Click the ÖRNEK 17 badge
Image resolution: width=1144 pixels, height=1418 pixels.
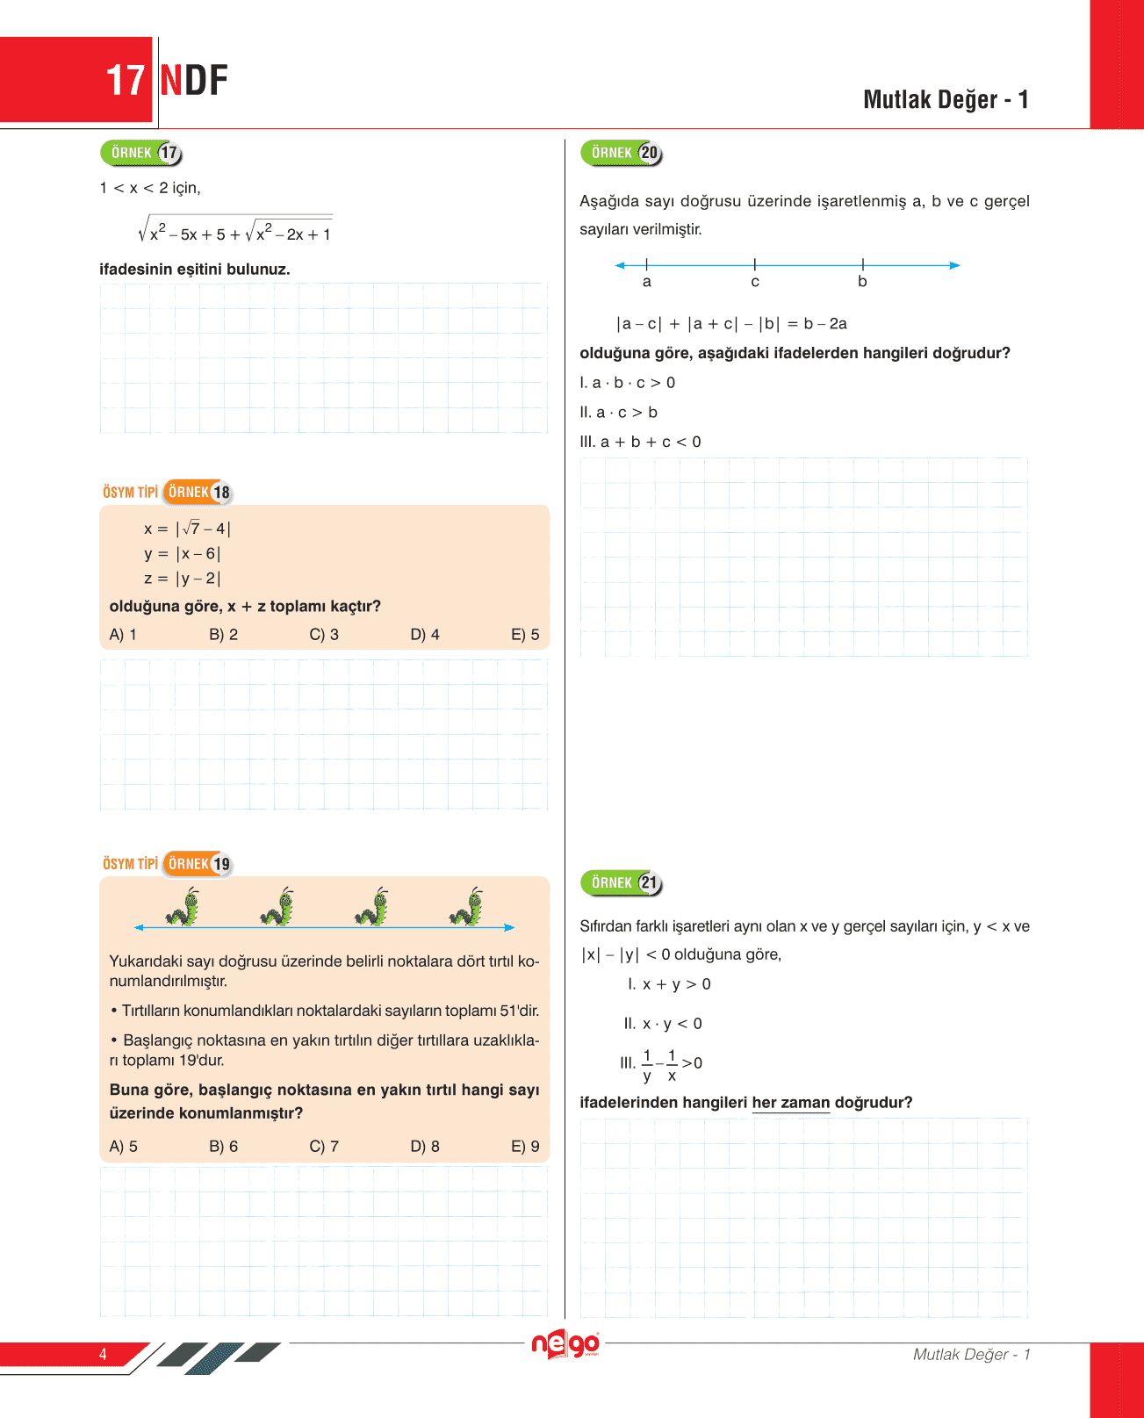(141, 154)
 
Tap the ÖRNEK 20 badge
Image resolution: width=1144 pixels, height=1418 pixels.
(622, 154)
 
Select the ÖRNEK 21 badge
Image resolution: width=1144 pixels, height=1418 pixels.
(622, 883)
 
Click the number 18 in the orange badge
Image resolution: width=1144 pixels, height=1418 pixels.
(221, 493)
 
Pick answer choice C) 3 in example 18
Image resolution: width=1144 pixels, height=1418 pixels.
(324, 635)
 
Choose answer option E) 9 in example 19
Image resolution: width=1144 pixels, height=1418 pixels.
(525, 1147)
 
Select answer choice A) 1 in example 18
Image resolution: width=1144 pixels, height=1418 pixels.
(123, 635)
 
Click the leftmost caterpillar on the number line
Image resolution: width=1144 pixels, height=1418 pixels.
(183, 907)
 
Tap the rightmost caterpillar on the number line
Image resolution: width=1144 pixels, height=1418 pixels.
(467, 907)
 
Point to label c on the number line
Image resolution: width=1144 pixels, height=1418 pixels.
(755, 282)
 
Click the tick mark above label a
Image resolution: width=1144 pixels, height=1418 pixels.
(647, 264)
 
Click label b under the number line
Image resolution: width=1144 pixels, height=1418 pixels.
(862, 282)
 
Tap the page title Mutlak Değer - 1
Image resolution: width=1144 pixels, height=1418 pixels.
(946, 100)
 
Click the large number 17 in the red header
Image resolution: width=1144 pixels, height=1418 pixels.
(125, 81)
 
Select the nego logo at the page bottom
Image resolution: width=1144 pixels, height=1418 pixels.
(565, 1344)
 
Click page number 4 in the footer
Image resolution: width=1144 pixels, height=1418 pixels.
(103, 1354)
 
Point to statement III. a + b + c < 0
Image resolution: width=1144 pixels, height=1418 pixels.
(640, 443)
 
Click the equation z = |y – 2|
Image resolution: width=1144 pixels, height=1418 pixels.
(183, 579)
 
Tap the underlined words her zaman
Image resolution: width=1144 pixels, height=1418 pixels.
(790, 1103)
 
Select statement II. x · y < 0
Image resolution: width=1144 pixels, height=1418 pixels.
(663, 1024)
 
